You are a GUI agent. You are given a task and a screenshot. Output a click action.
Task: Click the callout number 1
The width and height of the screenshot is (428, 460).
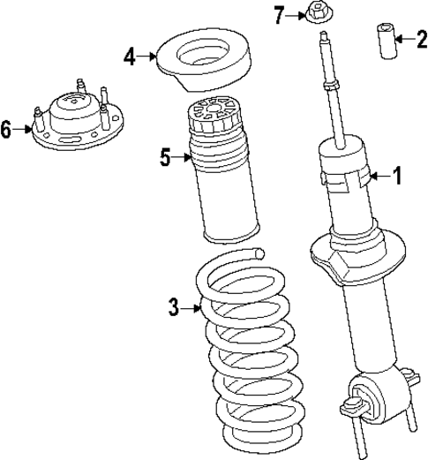pos(396,177)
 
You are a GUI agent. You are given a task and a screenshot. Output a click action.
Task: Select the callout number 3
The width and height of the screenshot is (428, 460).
pos(174,307)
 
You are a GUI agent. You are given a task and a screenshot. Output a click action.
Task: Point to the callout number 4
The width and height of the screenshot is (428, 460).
pos(131,57)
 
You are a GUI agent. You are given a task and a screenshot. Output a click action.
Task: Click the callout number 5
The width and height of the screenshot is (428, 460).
pos(165,158)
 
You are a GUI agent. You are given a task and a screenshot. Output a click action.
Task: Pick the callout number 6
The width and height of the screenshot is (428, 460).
pos(7,131)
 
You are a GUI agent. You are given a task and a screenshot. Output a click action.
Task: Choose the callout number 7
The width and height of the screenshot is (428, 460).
pos(280,15)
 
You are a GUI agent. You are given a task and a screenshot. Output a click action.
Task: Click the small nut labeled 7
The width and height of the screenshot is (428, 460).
pos(315,15)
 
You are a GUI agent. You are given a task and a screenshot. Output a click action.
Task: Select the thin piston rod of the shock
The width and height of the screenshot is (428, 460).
pos(334,97)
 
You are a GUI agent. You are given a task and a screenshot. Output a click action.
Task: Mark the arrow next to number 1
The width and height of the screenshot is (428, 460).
pos(378,177)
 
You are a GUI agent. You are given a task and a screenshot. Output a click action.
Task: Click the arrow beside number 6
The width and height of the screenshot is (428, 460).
pos(25,131)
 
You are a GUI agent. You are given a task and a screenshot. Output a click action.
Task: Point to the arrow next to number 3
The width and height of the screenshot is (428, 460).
pos(193,307)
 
